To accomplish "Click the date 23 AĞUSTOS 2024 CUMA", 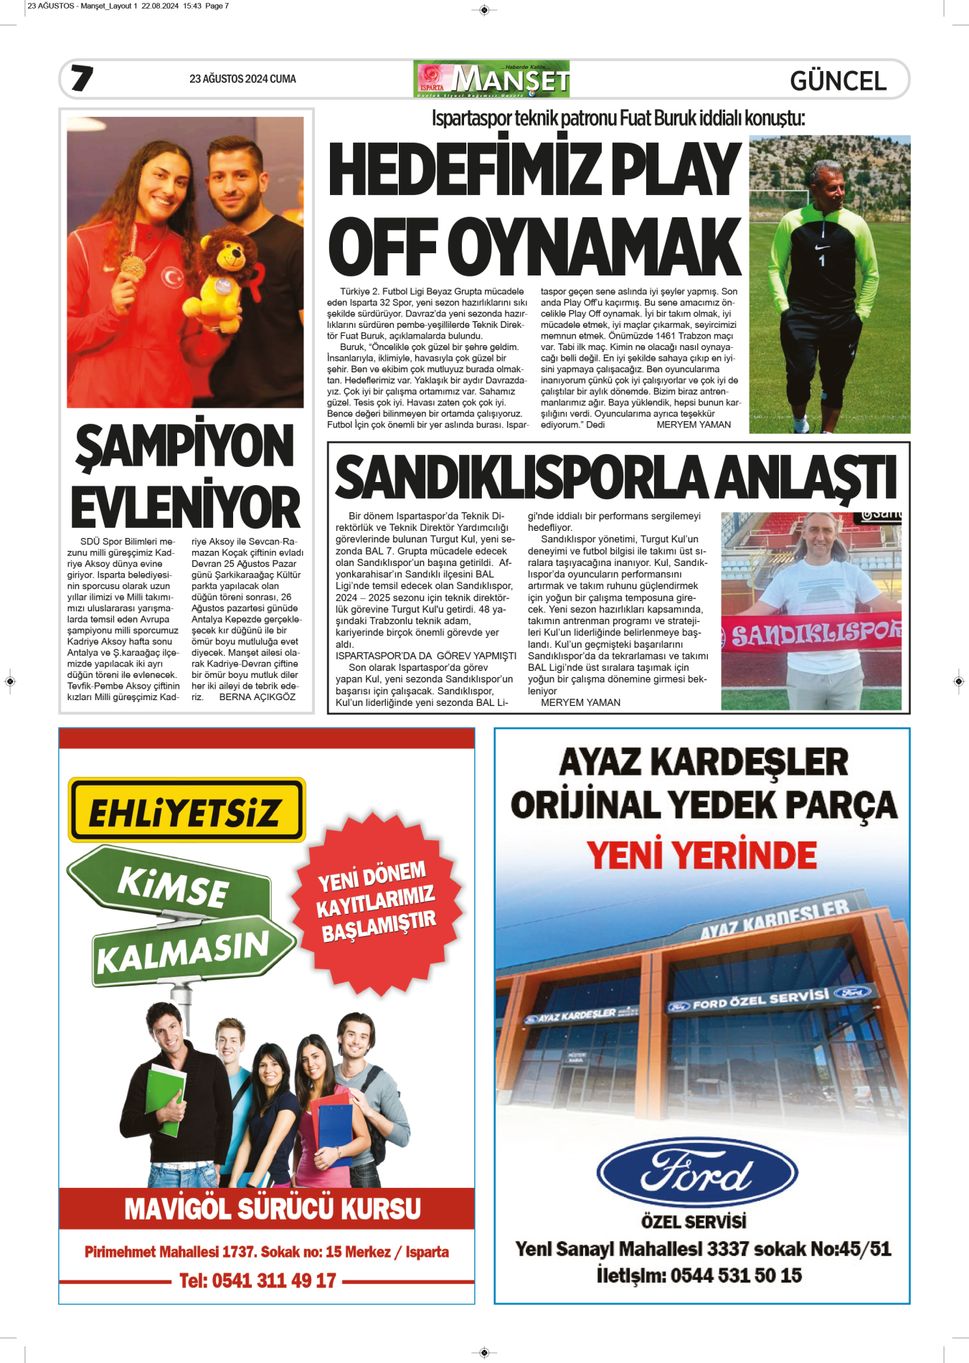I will (242, 79).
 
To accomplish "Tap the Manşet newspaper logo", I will (492, 79).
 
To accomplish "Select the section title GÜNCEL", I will (838, 81).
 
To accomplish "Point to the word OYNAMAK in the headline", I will (598, 247).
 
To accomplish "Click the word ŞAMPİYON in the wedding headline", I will (185, 446).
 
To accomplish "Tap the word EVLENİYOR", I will (185, 507).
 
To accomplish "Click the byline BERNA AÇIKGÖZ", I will (257, 697).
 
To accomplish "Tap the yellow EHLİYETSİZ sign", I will (186, 810).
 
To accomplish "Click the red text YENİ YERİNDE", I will (701, 855).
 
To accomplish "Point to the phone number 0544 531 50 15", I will (736, 1275).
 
